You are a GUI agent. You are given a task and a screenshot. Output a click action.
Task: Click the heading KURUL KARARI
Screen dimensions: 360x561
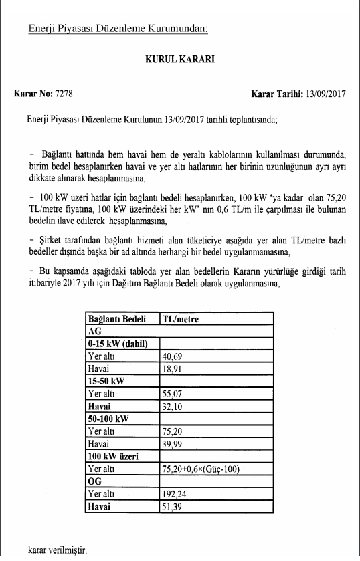[x=179, y=59]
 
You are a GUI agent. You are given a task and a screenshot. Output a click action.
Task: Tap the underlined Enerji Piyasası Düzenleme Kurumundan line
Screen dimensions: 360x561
[x=118, y=29]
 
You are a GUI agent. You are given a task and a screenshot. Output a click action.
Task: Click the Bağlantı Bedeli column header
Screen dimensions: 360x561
[x=117, y=319]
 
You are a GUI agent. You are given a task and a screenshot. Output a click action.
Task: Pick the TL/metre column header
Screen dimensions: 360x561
[x=180, y=319]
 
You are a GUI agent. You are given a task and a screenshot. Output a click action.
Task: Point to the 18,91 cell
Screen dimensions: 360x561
[x=173, y=368]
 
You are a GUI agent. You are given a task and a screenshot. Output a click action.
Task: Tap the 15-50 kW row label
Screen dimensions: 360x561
[x=106, y=380]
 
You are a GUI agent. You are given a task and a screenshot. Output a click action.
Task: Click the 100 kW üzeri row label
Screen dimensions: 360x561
[x=113, y=456]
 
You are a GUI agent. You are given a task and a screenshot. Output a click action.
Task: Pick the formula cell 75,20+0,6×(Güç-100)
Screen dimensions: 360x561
[x=201, y=469]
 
